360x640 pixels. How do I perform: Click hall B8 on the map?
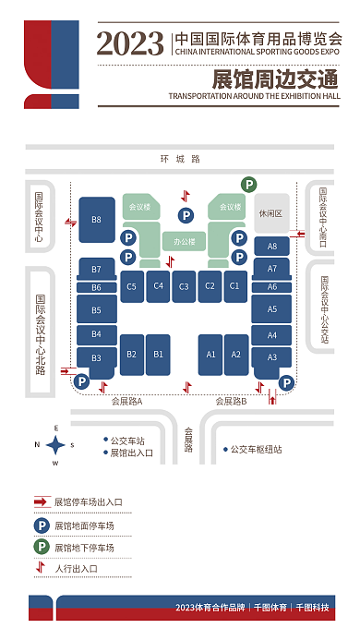pos(96,219)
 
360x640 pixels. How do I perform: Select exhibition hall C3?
pos(185,286)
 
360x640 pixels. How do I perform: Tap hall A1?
pos(210,354)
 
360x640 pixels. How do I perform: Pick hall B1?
pos(158,354)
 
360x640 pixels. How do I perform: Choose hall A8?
pos(271,247)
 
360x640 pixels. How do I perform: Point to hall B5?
pos(96,310)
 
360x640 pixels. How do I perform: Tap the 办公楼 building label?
pos(185,242)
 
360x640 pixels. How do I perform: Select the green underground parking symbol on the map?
pos(248,185)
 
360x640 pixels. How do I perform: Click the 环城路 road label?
pos(179,159)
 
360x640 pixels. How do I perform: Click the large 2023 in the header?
pos(129,42)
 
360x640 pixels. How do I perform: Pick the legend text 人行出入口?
pos(77,568)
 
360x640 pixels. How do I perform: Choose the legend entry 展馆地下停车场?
pos(83,548)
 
